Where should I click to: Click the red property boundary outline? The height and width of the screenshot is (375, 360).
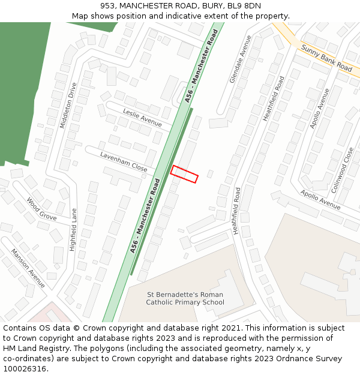tap(184, 174)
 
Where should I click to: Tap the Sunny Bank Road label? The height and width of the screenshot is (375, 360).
tap(326, 58)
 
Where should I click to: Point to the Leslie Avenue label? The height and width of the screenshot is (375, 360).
tap(142, 118)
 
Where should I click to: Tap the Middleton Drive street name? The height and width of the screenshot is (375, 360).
tap(68, 105)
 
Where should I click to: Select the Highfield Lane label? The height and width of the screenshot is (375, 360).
tap(73, 229)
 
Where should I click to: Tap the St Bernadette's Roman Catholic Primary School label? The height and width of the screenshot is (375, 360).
tap(185, 298)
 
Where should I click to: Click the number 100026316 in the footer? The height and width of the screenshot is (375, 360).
tap(25, 369)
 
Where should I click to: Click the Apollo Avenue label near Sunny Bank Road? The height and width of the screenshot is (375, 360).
tap(319, 109)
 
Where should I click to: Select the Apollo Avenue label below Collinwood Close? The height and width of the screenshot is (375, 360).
tap(320, 200)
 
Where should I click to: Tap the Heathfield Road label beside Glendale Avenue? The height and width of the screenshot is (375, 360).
tap(273, 98)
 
